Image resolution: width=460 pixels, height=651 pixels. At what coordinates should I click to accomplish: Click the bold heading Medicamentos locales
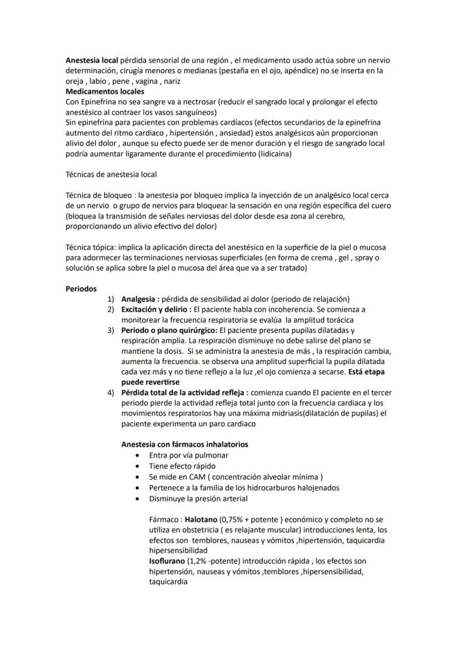click(105, 91)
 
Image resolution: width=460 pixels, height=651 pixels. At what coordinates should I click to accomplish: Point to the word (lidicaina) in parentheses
click(274, 154)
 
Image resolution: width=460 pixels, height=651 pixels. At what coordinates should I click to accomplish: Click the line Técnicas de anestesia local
click(111, 175)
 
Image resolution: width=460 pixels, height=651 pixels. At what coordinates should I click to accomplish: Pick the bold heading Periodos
click(81, 289)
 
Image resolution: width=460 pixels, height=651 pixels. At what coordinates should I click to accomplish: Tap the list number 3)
click(111, 330)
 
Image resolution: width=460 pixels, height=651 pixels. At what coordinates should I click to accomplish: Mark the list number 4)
click(111, 392)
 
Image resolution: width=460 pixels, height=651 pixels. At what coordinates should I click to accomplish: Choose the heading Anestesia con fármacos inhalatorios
click(184, 444)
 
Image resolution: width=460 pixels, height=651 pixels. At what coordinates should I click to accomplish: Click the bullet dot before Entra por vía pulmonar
click(137, 455)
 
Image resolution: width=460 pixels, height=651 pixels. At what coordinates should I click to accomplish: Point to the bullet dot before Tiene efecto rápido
click(137, 466)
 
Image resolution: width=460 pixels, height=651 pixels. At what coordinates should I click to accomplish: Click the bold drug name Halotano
click(201, 519)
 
